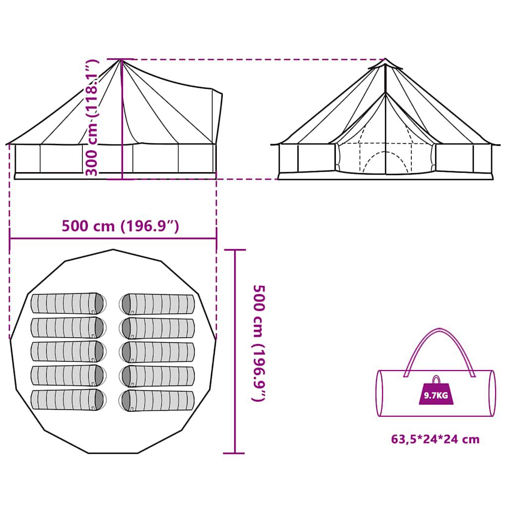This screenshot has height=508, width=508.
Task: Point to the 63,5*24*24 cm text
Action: point(435,439)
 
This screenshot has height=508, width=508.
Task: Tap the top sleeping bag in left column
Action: point(68,303)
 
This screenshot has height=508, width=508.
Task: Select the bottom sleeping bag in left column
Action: point(68,400)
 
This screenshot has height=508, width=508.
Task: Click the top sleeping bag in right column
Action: point(158,304)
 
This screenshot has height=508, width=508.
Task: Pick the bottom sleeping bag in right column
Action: point(158,400)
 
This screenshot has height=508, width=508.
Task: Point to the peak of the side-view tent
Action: point(121,60)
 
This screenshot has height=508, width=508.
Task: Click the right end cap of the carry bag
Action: point(491,393)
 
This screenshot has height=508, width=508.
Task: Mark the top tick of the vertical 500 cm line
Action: point(235,250)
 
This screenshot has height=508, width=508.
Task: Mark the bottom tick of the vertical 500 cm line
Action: point(235,453)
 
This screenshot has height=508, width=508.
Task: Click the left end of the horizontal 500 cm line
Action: point(10,238)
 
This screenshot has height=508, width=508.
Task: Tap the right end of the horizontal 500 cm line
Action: point(216,238)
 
